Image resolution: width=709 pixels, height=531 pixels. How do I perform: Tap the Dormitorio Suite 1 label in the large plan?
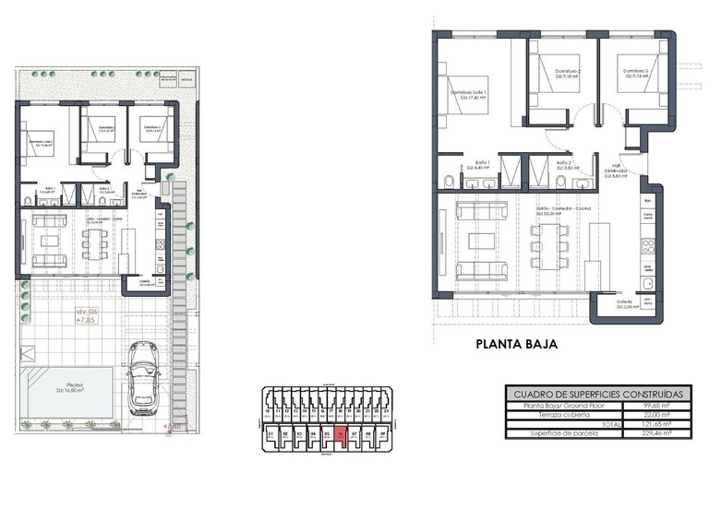coord(468,93)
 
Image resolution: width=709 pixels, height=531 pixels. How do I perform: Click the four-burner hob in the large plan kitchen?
coord(648,245)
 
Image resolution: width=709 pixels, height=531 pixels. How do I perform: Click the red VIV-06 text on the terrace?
coord(87,314)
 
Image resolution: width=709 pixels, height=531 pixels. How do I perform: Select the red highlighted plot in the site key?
coord(341,438)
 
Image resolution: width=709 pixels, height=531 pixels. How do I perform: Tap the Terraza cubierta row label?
coord(553,413)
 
